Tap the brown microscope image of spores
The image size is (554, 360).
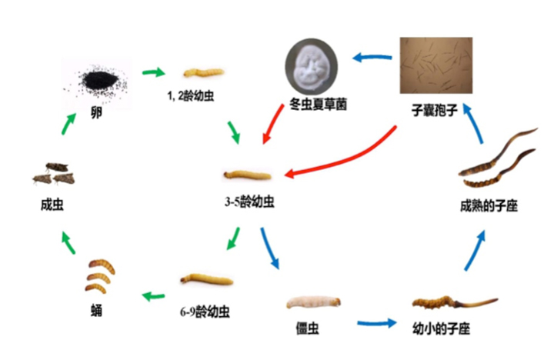click(436, 66)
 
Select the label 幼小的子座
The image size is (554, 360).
click(442, 328)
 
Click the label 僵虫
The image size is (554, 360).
click(308, 329)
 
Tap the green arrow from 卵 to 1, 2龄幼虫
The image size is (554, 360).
click(154, 73)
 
